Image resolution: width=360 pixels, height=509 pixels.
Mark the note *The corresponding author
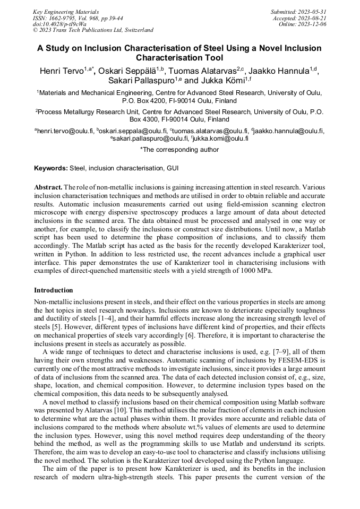179,150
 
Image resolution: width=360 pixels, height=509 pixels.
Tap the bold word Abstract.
48,188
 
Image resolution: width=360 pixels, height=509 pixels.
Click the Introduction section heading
54,290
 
